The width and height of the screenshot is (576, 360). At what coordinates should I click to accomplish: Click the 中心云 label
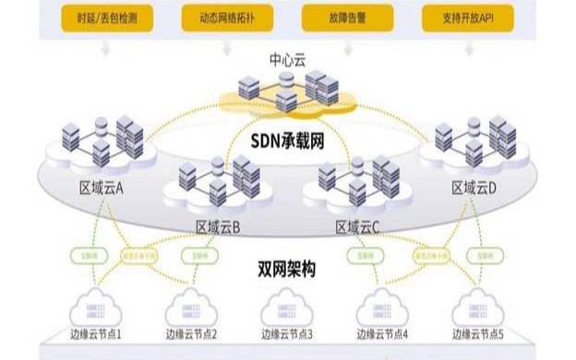pyautogui.click(x=287, y=60)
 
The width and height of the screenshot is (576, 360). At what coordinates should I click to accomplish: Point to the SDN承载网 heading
pyautogui.click(x=286, y=140)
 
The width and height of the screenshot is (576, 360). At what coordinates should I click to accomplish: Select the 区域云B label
pyautogui.click(x=218, y=226)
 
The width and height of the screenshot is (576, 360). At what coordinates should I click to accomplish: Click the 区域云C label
pyautogui.click(x=357, y=226)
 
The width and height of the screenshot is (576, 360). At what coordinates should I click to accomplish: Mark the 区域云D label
pyautogui.click(x=474, y=187)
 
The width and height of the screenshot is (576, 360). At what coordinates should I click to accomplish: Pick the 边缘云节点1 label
pyautogui.click(x=95, y=334)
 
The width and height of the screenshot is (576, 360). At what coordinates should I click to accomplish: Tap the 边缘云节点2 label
pyautogui.click(x=191, y=334)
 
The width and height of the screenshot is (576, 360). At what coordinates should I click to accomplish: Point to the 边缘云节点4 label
pyautogui.click(x=382, y=334)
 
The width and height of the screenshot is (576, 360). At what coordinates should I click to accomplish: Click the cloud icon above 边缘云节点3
pyautogui.click(x=286, y=307)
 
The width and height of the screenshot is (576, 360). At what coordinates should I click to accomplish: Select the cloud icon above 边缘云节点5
pyautogui.click(x=479, y=307)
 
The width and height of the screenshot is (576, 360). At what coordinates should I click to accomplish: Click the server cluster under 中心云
pyautogui.click(x=288, y=88)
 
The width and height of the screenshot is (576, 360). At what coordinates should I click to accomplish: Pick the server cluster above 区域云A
pyautogui.click(x=102, y=140)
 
